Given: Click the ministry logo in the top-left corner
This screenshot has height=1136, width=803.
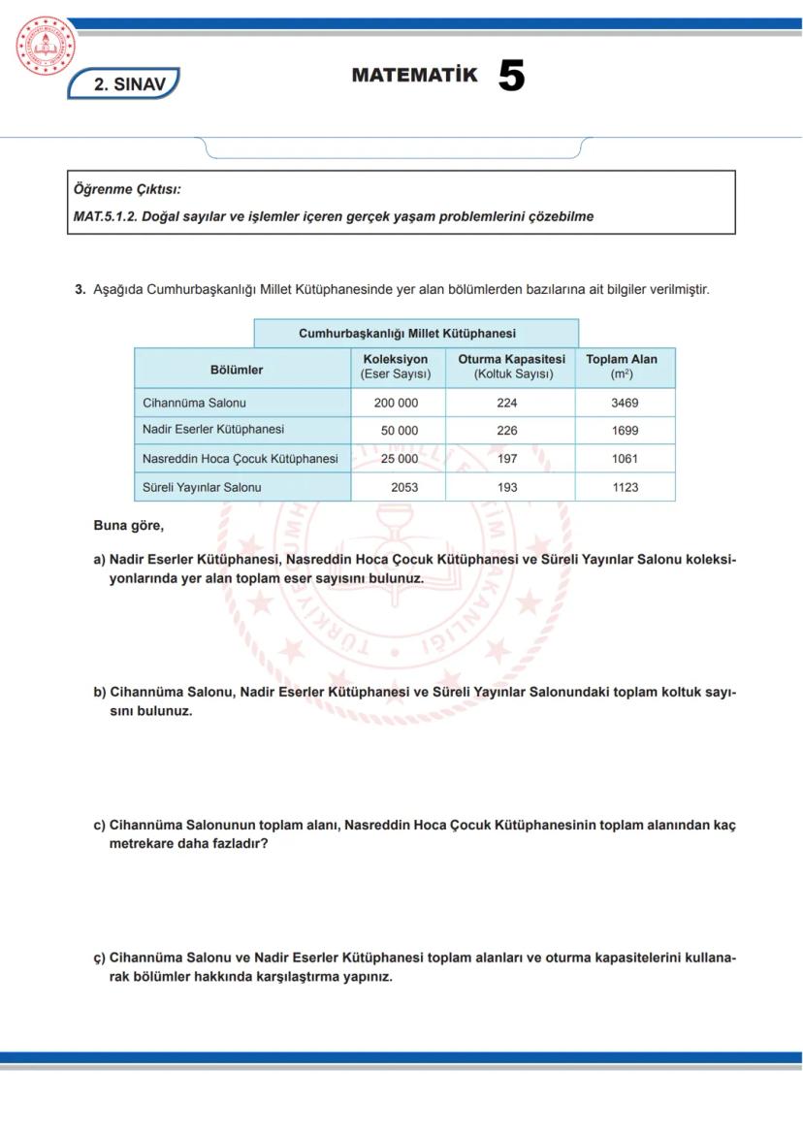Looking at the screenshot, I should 46,47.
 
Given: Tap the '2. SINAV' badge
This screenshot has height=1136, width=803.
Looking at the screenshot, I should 123,84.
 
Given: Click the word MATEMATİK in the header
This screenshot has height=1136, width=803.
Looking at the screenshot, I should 414,76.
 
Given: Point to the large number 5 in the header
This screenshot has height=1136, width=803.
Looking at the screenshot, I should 511,76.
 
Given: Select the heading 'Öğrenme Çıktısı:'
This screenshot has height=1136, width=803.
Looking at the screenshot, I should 127,189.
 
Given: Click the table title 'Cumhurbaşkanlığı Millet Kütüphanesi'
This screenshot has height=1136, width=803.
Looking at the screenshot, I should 406,334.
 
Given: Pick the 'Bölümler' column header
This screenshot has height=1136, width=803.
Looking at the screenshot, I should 237,370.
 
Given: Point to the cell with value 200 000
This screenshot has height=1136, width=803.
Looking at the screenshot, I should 396,403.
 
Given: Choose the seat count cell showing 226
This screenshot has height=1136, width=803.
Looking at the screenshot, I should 507,431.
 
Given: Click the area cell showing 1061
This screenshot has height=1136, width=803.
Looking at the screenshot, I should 625,459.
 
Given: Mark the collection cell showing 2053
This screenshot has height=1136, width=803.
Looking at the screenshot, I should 404,487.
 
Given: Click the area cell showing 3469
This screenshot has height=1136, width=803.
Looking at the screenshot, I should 625,403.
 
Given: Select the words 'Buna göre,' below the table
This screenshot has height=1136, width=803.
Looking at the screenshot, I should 129,526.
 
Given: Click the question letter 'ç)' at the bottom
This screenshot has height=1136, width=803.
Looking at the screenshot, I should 99,958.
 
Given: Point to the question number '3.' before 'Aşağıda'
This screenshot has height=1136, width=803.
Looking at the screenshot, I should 80,289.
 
